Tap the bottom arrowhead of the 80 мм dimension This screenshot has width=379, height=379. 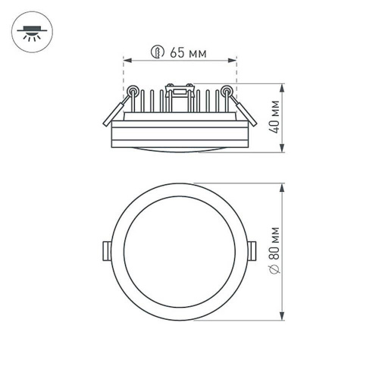pos(283,318)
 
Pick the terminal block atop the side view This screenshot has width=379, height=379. pos(180,94)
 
